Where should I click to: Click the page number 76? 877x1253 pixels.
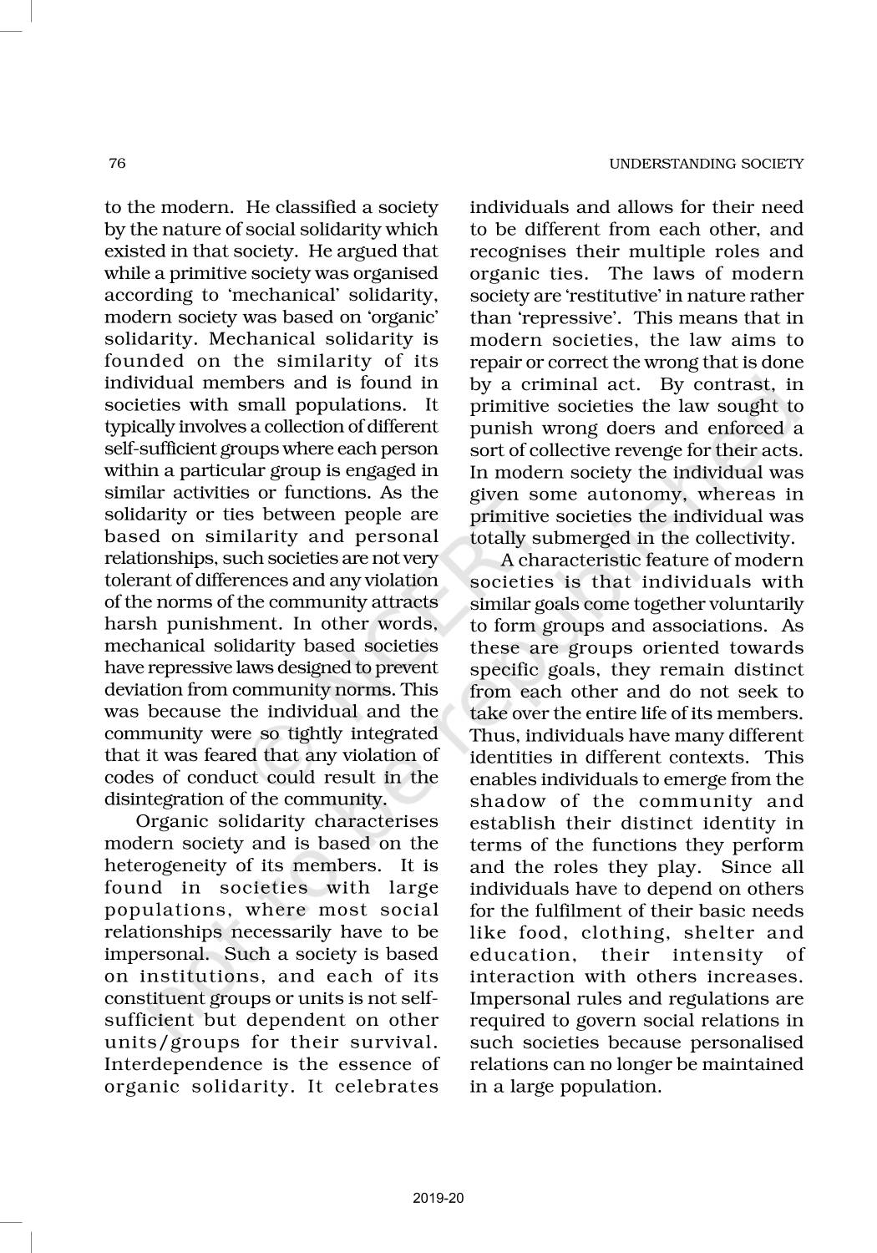[116, 164]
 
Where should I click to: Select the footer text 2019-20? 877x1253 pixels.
[438, 1199]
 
